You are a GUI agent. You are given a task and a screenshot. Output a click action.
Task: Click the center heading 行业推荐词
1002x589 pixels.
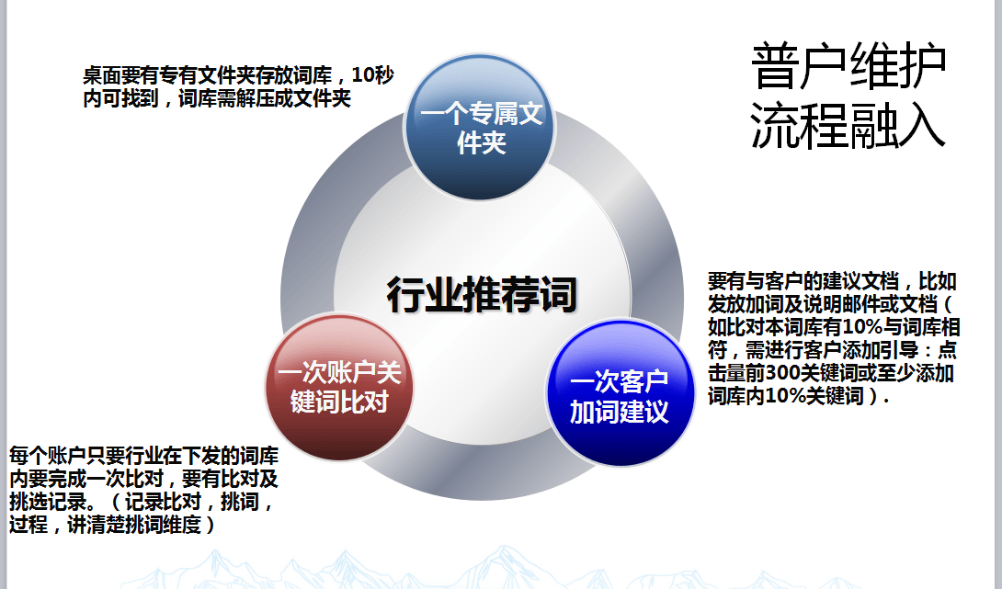coord(481,295)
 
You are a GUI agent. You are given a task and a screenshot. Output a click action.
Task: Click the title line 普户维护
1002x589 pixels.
coord(849,66)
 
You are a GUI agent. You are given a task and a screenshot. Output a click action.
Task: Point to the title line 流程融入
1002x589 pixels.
coord(849,125)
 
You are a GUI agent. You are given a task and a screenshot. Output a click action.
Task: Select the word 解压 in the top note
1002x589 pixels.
coord(259,98)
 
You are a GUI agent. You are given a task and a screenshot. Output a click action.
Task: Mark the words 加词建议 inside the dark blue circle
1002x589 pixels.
coord(619,412)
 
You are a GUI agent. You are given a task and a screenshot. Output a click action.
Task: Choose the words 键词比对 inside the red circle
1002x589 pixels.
coord(339,402)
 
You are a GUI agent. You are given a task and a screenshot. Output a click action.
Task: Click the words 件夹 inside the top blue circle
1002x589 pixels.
coord(482,144)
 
